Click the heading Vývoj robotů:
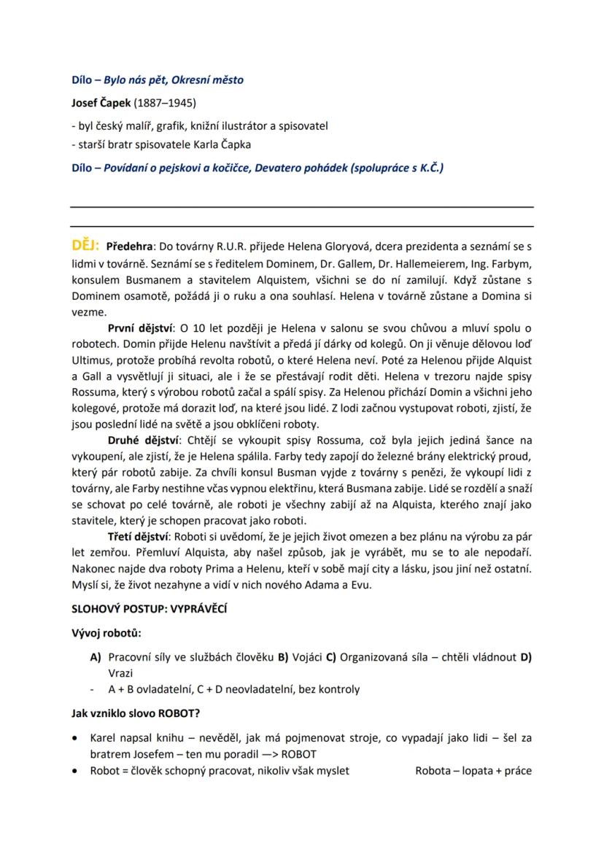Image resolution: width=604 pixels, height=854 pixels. [107, 632]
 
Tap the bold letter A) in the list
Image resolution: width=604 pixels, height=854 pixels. [95, 657]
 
